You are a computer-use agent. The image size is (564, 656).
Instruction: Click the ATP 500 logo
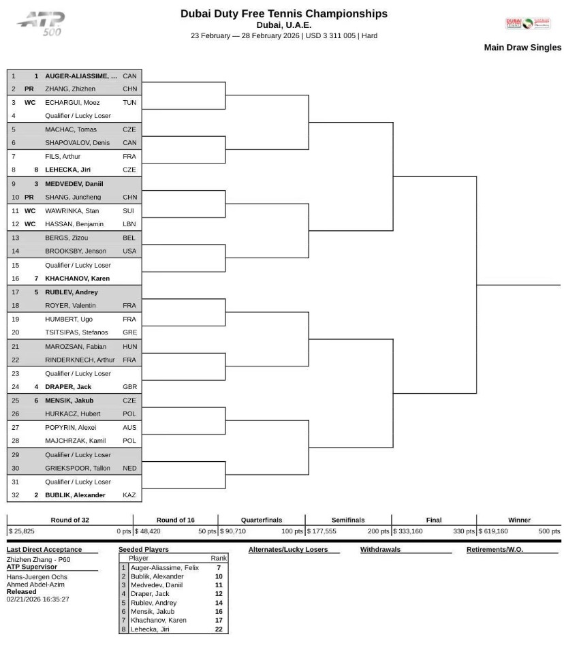point(42,24)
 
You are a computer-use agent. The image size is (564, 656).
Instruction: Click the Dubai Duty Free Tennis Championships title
point(283,14)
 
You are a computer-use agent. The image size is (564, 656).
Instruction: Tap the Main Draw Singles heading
point(522,48)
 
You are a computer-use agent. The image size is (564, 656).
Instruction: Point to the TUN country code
point(129,103)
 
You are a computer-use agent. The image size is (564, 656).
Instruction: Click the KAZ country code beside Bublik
point(129,495)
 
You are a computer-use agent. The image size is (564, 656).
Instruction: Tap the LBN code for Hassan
point(129,224)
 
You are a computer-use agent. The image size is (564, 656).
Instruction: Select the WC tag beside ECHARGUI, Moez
point(30,103)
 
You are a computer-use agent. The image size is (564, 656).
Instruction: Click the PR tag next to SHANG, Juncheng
point(29,198)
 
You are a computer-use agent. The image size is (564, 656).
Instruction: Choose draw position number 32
point(15,495)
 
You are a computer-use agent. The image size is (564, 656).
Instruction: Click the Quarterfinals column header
point(262,520)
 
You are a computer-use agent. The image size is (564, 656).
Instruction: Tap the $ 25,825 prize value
point(21,531)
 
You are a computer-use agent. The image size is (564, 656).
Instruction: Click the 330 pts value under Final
point(464,531)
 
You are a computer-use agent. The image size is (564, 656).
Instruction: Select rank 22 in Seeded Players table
point(219,629)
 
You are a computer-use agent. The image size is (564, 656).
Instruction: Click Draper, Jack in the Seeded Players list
point(150,594)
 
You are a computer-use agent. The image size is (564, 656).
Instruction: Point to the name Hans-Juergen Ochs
point(37,577)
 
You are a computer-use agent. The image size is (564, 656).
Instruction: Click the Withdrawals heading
point(380,550)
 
